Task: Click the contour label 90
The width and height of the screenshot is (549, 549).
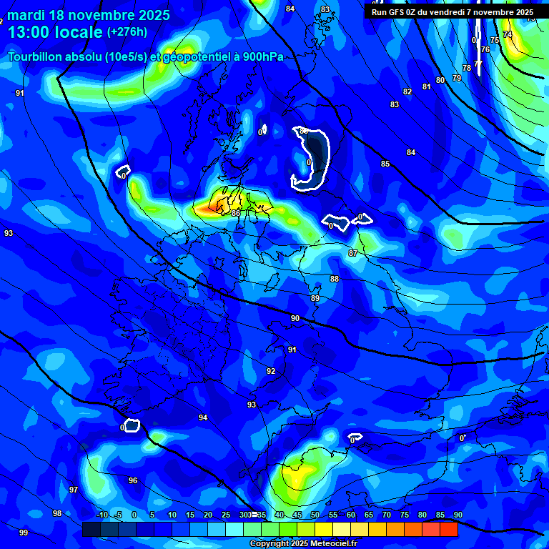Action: pyautogui.click(x=295, y=318)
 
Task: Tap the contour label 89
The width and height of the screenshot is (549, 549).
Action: pyautogui.click(x=315, y=298)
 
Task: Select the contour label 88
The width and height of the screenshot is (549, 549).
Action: pyautogui.click(x=335, y=279)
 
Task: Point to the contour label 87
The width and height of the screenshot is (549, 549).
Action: pyautogui.click(x=353, y=254)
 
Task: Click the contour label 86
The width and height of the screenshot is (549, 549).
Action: pyautogui.click(x=236, y=213)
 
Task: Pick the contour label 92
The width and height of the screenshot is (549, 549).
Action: pyautogui.click(x=271, y=371)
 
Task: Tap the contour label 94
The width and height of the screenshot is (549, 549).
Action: pyautogui.click(x=203, y=417)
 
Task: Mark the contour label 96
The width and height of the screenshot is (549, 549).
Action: pyautogui.click(x=133, y=480)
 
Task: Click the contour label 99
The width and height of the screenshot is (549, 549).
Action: pyautogui.click(x=24, y=533)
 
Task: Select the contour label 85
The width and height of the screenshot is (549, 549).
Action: pyautogui.click(x=385, y=164)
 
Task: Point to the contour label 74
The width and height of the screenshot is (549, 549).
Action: pyautogui.click(x=508, y=34)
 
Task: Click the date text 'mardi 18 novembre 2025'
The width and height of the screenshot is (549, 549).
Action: pyautogui.click(x=89, y=15)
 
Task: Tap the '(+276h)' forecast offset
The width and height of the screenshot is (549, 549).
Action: pyautogui.click(x=127, y=32)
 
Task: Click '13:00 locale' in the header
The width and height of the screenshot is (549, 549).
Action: pyautogui.click(x=55, y=32)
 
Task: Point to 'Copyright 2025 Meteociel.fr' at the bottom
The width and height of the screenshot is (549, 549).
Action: pyautogui.click(x=303, y=544)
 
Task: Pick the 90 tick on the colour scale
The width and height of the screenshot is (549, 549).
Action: pyautogui.click(x=457, y=515)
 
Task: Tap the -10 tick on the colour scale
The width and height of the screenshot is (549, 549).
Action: pyautogui.click(x=102, y=515)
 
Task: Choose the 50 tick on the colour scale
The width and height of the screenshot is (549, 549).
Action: pyautogui.click(x=315, y=515)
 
